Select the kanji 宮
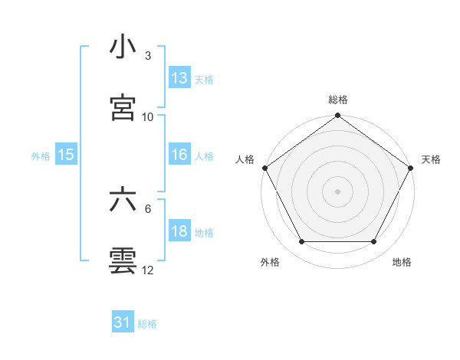tap(123, 108)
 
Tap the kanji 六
tap(123, 201)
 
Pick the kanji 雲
tap(123, 260)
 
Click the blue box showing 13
tap(179, 78)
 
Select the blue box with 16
tap(179, 155)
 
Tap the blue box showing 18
tap(179, 232)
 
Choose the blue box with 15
tap(66, 155)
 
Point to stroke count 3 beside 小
tap(147, 56)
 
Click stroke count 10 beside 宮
tap(148, 116)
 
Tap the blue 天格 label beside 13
tap(203, 80)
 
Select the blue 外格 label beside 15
tap(41, 155)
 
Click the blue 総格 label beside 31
tap(147, 324)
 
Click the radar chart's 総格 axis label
tap(338, 100)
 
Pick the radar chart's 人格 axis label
tap(245, 159)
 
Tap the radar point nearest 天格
tap(412, 167)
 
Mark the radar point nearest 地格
tap(374, 242)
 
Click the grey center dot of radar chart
tap(337, 191)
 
